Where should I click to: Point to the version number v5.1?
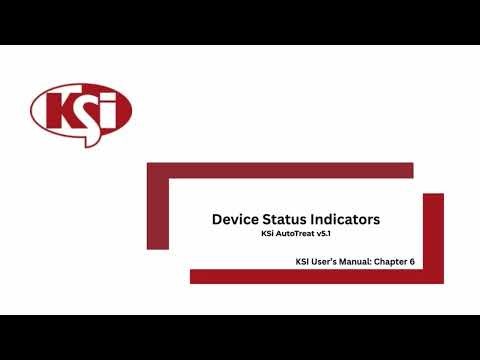click(322, 234)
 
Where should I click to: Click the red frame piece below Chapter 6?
click(320, 276)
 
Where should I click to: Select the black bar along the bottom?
click(240, 337)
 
